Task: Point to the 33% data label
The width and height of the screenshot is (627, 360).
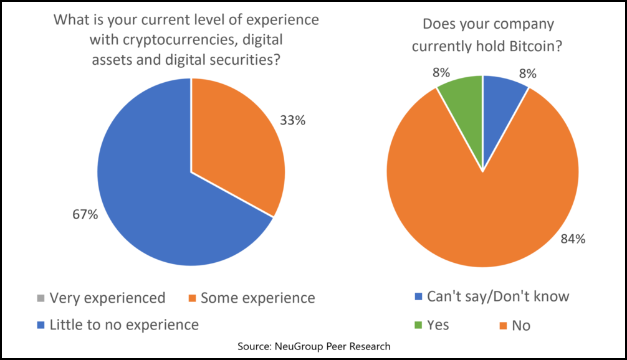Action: click(x=292, y=120)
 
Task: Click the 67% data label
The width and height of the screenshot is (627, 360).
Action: click(x=84, y=215)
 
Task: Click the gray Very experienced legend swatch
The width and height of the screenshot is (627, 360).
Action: click(x=41, y=298)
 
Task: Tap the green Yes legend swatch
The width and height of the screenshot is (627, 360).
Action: click(x=418, y=325)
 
